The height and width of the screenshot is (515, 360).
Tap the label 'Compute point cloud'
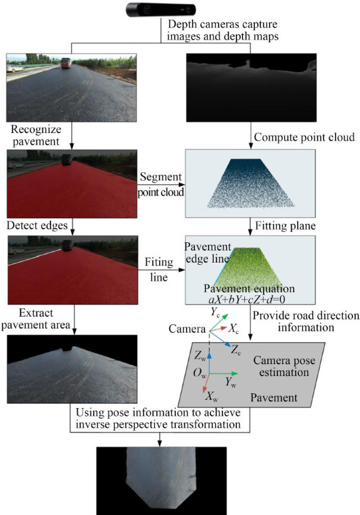pos(304,138)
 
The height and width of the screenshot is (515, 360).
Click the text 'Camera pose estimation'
pos(281,366)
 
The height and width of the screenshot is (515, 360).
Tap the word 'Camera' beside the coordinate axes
pos(184,328)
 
